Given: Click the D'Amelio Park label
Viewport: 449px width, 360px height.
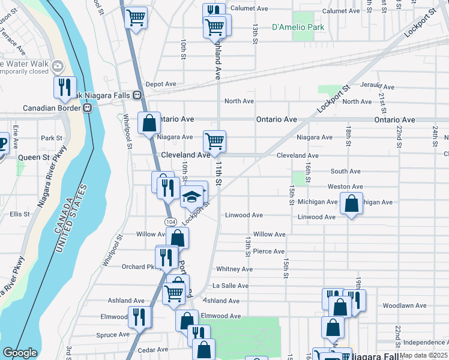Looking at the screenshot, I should pyautogui.click(x=298, y=27).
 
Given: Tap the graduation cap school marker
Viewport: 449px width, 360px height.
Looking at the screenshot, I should pyautogui.click(x=191, y=196).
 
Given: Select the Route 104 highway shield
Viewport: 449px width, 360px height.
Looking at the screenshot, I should pyautogui.click(x=170, y=222).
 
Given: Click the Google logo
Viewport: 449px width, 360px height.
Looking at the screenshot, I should pyautogui.click(x=20, y=353).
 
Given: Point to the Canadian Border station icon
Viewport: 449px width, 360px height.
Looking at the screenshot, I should pyautogui.click(x=88, y=108).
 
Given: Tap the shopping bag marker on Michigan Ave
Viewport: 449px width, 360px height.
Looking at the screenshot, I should pyautogui.click(x=352, y=204).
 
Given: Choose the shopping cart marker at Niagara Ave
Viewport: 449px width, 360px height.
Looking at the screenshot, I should pyautogui.click(x=214, y=142).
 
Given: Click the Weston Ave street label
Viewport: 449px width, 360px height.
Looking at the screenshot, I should pyautogui.click(x=345, y=187).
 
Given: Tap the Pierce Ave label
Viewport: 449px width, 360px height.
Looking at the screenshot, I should pyautogui.click(x=268, y=251).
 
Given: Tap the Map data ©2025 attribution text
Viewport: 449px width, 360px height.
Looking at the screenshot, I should pyautogui.click(x=423, y=355).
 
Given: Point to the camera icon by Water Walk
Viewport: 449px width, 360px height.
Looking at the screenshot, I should pyautogui.click(x=58, y=65).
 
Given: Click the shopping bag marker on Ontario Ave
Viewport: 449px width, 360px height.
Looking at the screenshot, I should pyautogui.click(x=149, y=124).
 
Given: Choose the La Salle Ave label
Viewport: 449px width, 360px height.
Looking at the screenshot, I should pyautogui.click(x=231, y=286).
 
